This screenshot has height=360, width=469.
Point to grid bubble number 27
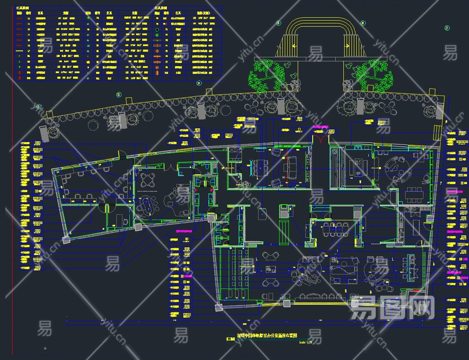click(447, 28)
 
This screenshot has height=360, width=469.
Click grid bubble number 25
click(278, 23)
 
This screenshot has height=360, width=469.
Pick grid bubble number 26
click(362, 23)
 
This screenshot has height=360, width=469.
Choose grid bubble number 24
click(198, 83)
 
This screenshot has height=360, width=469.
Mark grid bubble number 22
click(38, 107)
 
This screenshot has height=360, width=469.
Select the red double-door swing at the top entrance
click(322, 139)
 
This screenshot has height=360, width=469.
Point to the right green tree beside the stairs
click(374, 75)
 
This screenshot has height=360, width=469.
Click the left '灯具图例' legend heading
click(22, 8)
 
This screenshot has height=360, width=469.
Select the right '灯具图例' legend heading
click(162, 8)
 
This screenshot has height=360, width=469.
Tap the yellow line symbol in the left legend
click(19, 51)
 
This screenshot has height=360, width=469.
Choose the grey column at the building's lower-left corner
click(66, 241)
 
